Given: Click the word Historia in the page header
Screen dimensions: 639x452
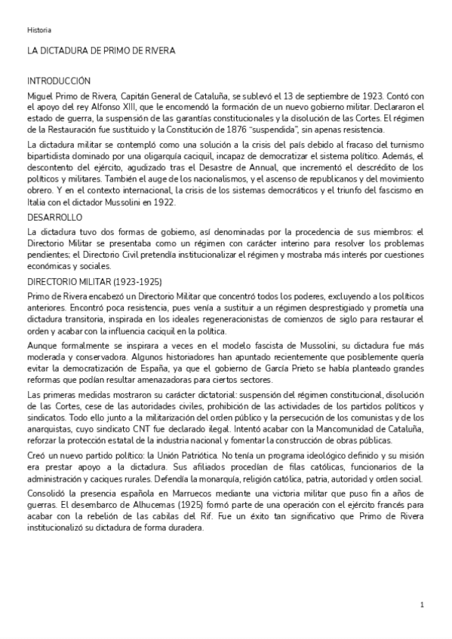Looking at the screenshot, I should [39, 30].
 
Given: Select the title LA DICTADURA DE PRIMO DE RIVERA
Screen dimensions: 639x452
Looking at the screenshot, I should [101, 50].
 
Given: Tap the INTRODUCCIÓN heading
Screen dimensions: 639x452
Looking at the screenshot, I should [59, 81].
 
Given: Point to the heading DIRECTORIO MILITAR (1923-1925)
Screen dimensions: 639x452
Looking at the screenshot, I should [94, 280].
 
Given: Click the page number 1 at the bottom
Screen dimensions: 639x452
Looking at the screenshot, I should [423, 605].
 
